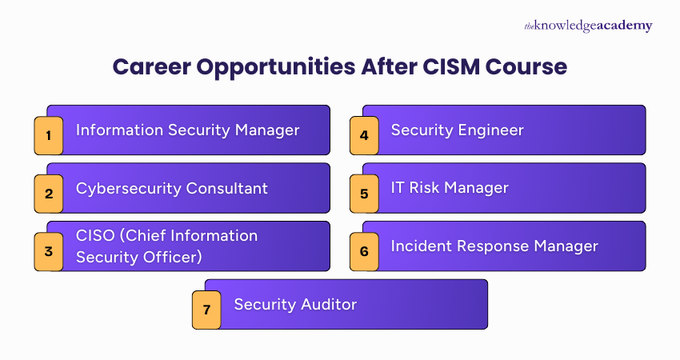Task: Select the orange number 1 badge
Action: [x=49, y=135]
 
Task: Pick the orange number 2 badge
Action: [x=49, y=193]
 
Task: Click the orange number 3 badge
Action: [x=49, y=251]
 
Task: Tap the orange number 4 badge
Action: [x=364, y=135]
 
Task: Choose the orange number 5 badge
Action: [x=364, y=193]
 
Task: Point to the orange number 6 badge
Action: [x=364, y=251]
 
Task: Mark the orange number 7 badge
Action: [x=206, y=309]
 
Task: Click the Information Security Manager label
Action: [x=187, y=130]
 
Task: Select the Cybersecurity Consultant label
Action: [x=171, y=188]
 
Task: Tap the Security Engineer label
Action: [x=457, y=130]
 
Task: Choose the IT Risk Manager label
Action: [x=449, y=188]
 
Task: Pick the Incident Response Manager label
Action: [x=494, y=246]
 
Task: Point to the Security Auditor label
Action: [x=295, y=304]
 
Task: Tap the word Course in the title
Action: [x=534, y=67]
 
